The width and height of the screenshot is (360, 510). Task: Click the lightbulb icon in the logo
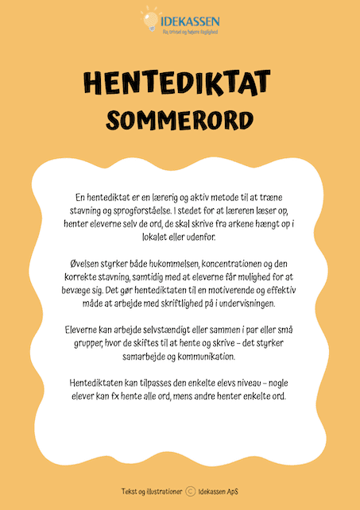pyautogui.click(x=148, y=17)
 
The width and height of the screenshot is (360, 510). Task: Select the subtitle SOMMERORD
pyautogui.click(x=180, y=119)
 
